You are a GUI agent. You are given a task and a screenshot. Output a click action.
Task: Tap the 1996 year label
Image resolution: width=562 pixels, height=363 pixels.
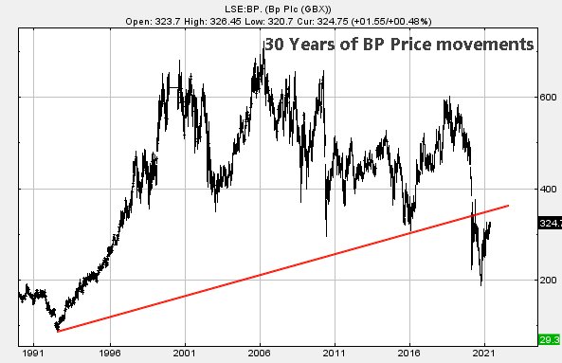point(110,349)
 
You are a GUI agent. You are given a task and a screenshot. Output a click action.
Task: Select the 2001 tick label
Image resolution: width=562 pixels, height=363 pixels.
point(184,349)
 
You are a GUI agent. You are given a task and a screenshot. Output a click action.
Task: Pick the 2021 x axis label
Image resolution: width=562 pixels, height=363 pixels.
point(483,349)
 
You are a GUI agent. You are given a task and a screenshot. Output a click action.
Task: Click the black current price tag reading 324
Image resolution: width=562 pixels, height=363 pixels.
point(551,225)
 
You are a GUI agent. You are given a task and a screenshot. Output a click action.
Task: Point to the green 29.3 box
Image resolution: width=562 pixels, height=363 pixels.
point(551,339)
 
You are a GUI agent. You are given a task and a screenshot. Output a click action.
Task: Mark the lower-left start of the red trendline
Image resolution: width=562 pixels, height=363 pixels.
point(57,331)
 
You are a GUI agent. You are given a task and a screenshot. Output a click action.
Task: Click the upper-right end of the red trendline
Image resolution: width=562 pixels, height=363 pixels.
point(510,205)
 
